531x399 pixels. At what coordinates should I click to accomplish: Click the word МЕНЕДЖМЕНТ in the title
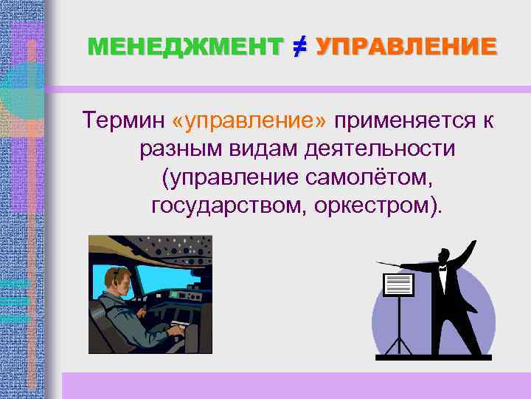[x=184, y=47]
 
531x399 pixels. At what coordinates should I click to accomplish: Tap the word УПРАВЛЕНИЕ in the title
[x=406, y=47]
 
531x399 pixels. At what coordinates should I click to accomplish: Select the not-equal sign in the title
[x=299, y=47]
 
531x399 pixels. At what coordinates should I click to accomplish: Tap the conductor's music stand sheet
[x=399, y=284]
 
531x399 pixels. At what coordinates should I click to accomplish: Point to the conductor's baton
[x=398, y=265]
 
